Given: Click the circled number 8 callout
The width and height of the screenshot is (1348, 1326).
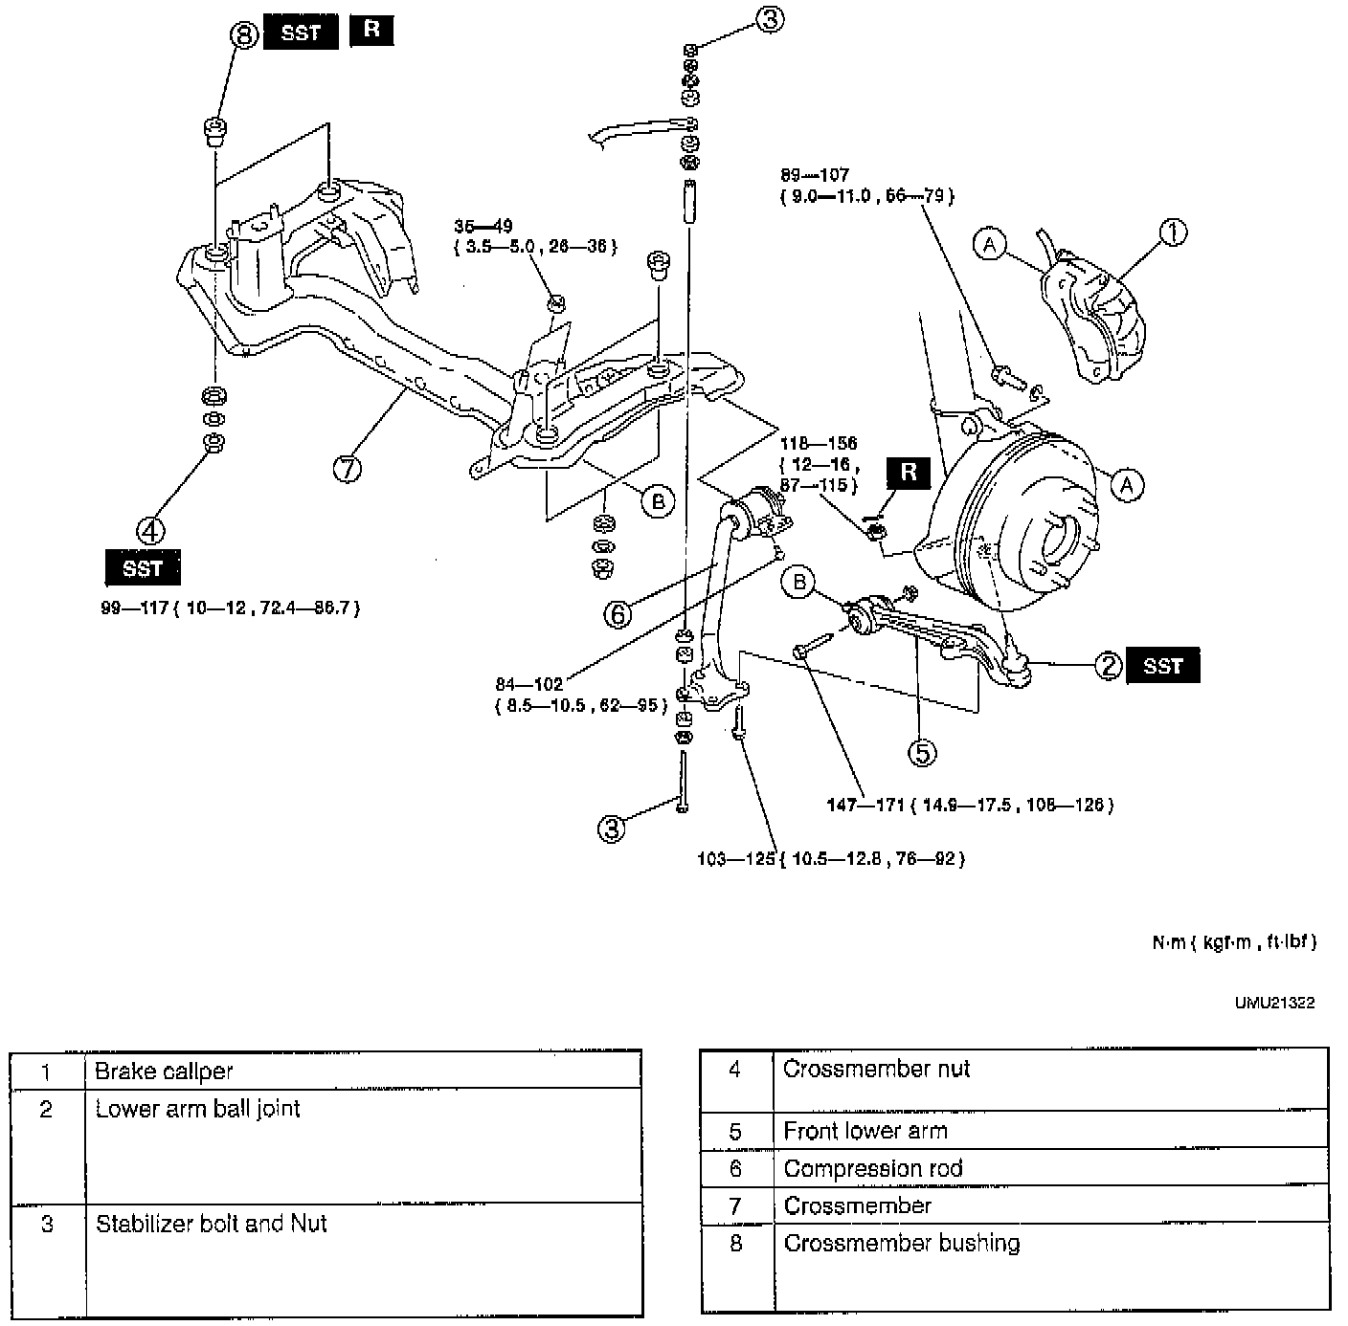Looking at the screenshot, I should tap(245, 36).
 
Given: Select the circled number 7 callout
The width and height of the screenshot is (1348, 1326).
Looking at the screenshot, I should tap(348, 469).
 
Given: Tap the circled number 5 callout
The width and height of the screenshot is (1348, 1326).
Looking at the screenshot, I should tap(921, 753).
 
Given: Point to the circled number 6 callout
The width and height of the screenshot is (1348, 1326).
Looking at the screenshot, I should tap(618, 614).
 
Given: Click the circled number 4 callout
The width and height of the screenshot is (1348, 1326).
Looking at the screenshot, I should tap(151, 529).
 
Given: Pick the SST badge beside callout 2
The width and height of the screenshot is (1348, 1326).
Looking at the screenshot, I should tap(1162, 666).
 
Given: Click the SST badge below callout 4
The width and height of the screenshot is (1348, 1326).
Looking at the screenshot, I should tap(142, 568).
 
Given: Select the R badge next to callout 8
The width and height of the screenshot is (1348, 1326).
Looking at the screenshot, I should tap(371, 30).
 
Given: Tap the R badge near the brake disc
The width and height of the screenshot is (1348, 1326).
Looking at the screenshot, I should tap(908, 472).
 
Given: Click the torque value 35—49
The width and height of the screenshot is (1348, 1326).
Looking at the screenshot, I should tap(483, 227).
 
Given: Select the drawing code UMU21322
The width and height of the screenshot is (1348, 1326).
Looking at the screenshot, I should tap(1274, 1003).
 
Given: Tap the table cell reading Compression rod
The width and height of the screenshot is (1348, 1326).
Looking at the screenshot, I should tap(872, 1168).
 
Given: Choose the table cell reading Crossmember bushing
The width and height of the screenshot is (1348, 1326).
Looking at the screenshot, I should tap(901, 1243).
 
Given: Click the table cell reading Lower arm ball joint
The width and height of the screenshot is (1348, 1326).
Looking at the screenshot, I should tap(197, 1109).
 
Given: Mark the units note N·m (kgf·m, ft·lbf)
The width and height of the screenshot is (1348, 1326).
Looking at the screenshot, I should tap(1234, 942).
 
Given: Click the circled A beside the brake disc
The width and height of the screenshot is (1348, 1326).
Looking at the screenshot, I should tap(1127, 485).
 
